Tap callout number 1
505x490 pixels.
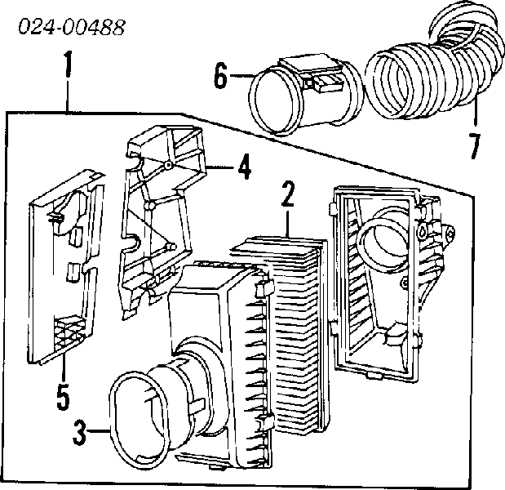pos(67,64)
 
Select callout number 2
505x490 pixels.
pos(287,194)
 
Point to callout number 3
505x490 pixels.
pos(79,432)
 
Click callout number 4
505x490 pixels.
pos(244,167)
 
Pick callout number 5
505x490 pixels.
pos(63,397)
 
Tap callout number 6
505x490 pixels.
pos(221,75)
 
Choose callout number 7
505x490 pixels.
pos(474,146)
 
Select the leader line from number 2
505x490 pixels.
pos(287,223)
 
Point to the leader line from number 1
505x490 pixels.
pos(67,95)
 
